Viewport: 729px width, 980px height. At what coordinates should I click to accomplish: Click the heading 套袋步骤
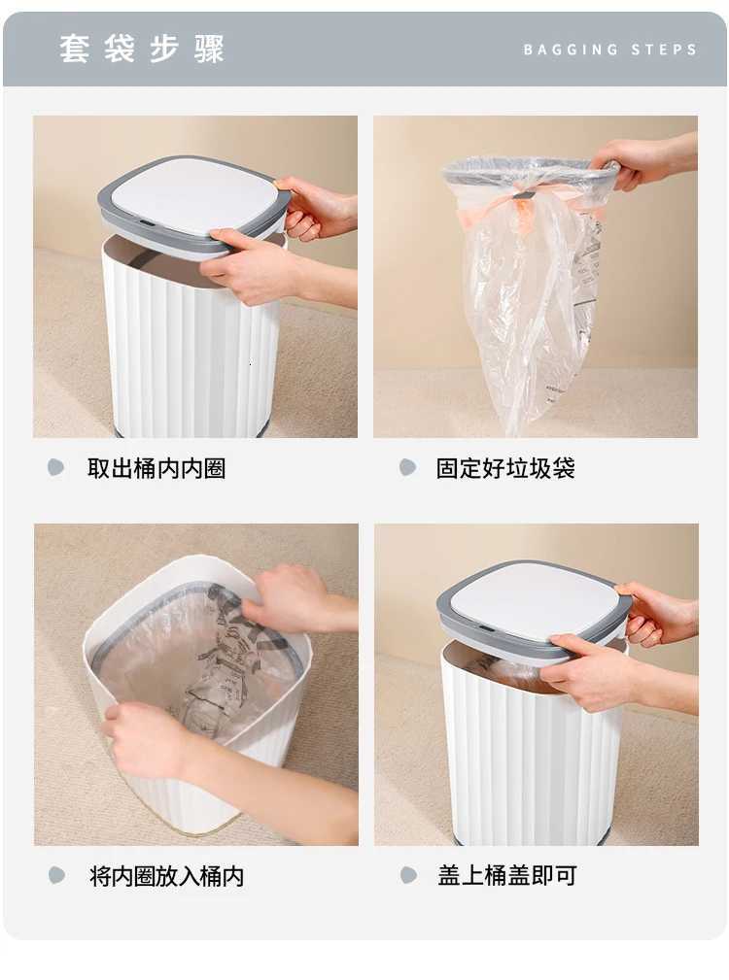142,49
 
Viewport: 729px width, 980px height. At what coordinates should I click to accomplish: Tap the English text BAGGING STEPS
609,50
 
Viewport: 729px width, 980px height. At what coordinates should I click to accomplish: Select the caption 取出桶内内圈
156,468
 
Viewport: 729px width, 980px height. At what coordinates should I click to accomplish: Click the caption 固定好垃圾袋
505,468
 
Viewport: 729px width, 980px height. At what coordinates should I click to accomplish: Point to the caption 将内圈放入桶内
166,876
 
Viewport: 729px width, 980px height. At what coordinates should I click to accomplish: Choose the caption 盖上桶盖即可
506,875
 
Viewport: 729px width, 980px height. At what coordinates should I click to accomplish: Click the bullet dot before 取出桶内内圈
56,467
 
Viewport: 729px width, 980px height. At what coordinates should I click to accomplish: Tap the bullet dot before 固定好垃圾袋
408,467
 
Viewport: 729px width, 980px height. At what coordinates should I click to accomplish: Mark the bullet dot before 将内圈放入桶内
56,875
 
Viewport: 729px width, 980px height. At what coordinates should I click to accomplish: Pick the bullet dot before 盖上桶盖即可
408,875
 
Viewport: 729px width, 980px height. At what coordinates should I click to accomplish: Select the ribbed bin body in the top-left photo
190,355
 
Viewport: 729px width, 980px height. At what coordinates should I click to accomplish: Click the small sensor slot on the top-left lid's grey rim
146,222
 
